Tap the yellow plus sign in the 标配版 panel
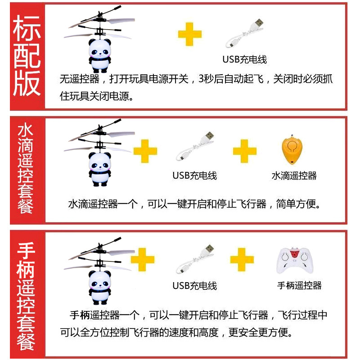[190, 34]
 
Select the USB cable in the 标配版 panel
[244, 33]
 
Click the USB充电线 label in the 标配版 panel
[244, 59]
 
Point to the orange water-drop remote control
[292, 150]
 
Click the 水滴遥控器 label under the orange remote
[294, 175]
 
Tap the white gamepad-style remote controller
[295, 261]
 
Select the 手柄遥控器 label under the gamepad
[299, 285]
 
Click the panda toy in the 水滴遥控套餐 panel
[100, 170]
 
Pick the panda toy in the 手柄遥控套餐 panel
[100, 288]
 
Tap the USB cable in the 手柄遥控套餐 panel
[195, 259]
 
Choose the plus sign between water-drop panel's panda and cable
[145, 151]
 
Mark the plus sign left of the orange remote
[244, 151]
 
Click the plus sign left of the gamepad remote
[242, 260]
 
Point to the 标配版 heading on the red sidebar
[27, 55]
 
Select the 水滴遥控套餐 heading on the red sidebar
[26, 169]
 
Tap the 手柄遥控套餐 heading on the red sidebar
[26, 296]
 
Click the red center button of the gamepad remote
[294, 254]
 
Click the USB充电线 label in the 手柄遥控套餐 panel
[195, 286]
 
